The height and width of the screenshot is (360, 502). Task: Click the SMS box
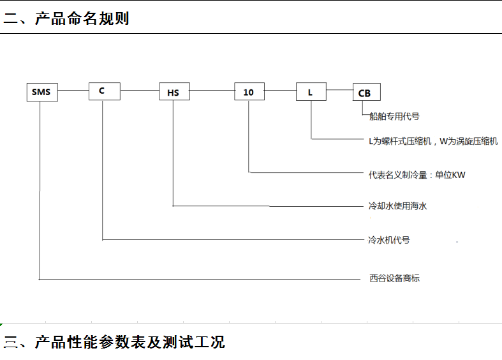click(x=42, y=93)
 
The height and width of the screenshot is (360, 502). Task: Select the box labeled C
click(x=105, y=91)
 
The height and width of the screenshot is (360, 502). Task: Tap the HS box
click(x=175, y=91)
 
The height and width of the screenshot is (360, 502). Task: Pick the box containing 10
click(x=249, y=91)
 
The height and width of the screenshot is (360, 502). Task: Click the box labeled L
click(x=311, y=92)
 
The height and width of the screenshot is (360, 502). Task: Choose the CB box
click(x=367, y=92)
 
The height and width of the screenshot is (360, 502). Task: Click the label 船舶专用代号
click(x=394, y=116)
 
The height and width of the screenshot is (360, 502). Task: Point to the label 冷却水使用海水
click(x=397, y=206)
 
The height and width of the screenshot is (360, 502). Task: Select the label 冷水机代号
click(x=389, y=240)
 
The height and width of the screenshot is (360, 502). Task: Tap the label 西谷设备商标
click(x=394, y=278)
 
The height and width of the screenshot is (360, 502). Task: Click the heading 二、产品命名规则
click(x=66, y=19)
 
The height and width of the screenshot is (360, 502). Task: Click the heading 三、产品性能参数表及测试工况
click(x=114, y=342)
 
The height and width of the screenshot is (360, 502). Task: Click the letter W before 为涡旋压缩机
click(x=444, y=141)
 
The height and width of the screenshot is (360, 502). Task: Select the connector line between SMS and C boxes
click(x=73, y=91)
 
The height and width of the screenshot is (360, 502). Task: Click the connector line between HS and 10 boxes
click(x=212, y=91)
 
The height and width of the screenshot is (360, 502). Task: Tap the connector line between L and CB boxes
click(x=340, y=89)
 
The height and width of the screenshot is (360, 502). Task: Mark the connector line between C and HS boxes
click(x=140, y=91)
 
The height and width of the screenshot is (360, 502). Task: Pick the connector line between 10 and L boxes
click(x=281, y=91)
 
